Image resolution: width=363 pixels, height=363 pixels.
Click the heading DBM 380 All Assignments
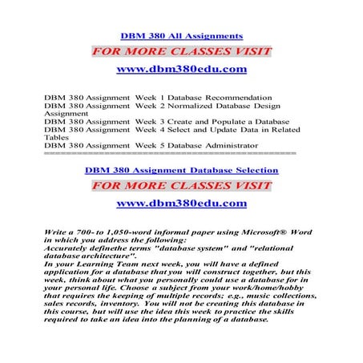181,36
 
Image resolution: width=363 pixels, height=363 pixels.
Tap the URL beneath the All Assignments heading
181,70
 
